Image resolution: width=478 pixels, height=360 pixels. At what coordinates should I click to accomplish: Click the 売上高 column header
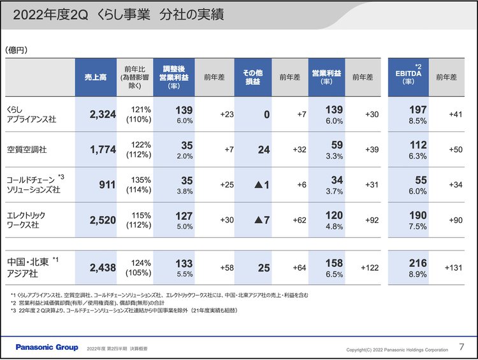[x=96, y=76]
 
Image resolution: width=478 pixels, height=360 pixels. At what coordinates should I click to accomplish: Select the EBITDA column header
[x=410, y=76]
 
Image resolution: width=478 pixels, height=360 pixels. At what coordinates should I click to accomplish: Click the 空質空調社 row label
[x=26, y=150]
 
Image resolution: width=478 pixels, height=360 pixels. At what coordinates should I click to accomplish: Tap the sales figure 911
[x=102, y=185]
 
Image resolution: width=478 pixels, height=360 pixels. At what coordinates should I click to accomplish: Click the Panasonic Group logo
[x=47, y=347]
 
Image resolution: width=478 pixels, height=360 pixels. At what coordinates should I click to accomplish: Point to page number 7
[x=462, y=347]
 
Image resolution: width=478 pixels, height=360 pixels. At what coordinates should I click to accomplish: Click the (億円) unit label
[x=17, y=50]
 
